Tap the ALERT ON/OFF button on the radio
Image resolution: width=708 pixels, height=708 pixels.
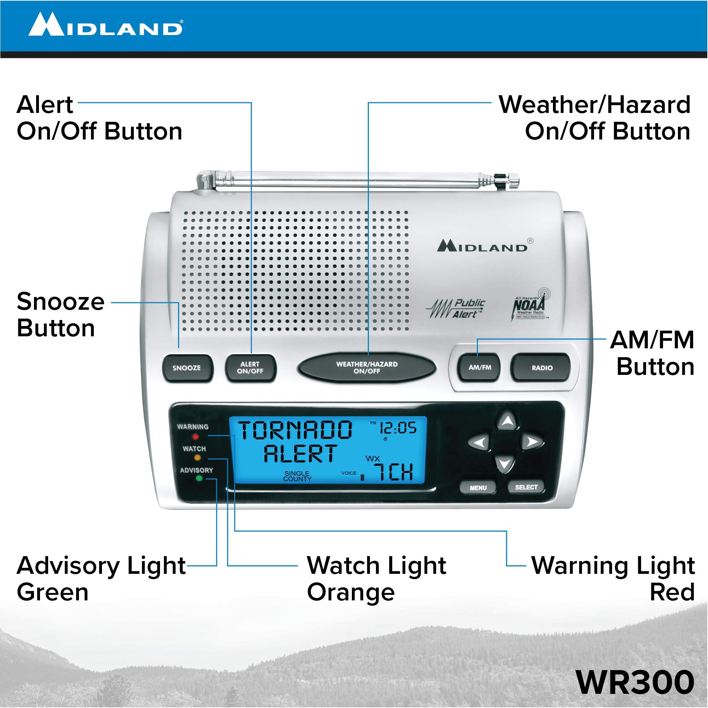(x=250, y=367)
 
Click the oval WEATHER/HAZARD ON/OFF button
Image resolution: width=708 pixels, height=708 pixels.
(x=366, y=367)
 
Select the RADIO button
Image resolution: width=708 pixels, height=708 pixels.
(x=542, y=367)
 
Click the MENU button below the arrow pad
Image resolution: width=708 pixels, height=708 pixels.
(x=478, y=488)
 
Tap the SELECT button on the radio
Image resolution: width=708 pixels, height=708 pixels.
(x=526, y=487)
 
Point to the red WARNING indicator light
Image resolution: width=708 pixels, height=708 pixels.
(x=196, y=436)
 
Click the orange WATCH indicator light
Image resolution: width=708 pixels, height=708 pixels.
(x=197, y=458)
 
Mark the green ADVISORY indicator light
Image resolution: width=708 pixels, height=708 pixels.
(x=199, y=478)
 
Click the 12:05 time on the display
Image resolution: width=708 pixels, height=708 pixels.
(x=398, y=428)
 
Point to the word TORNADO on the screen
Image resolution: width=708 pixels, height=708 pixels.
(x=295, y=430)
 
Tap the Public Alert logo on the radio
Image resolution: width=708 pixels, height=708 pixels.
(x=456, y=309)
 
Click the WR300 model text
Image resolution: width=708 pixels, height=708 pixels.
(x=635, y=682)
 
